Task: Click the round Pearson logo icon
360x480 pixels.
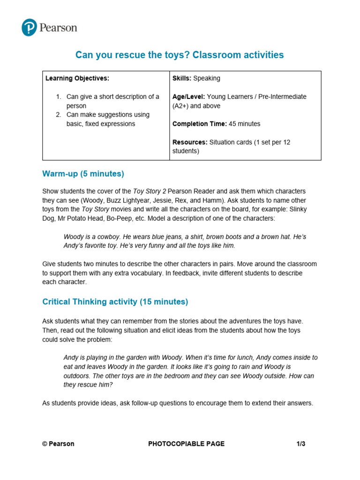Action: tap(29, 28)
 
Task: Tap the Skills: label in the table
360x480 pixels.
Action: tap(182, 78)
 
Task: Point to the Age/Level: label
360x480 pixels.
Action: tap(188, 97)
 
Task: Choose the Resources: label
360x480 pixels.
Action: tap(190, 142)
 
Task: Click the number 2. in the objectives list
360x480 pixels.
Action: tap(59, 115)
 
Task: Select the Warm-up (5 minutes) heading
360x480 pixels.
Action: tap(83, 174)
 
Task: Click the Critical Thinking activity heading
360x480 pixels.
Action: tap(115, 302)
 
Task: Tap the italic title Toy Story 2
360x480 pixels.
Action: tap(149, 191)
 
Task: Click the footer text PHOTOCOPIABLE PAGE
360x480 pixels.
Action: tap(186, 444)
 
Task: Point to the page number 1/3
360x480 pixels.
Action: tap(300, 444)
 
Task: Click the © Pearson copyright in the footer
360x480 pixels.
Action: tap(58, 444)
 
